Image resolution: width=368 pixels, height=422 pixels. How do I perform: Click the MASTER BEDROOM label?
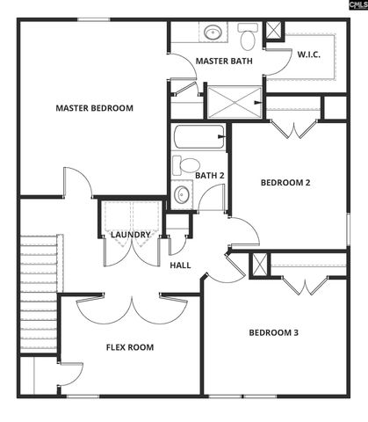coord(94,108)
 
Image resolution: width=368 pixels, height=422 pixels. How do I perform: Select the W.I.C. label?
coord(308,55)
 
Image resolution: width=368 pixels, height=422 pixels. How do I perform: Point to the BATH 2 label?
coord(210,175)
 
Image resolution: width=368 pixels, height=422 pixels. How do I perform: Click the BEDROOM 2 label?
coord(286,183)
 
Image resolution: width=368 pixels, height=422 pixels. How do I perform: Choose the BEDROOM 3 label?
coord(274,332)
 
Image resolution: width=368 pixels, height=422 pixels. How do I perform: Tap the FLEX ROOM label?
coord(130,347)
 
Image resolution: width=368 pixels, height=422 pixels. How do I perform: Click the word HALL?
coord(180,265)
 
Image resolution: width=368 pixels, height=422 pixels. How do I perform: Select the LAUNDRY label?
coord(130,235)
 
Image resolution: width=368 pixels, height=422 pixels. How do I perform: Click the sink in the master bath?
coord(213,34)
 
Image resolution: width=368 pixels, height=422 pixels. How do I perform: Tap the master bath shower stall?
coord(234,101)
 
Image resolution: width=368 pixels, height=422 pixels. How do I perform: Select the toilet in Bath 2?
coord(186,164)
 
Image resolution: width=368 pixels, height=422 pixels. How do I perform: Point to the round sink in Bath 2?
coord(183,194)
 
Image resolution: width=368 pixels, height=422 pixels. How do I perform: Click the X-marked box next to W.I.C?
coord(274,30)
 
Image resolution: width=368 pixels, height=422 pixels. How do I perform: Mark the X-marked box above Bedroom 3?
coord(259,265)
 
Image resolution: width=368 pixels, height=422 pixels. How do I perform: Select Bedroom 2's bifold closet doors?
coord(292,129)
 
